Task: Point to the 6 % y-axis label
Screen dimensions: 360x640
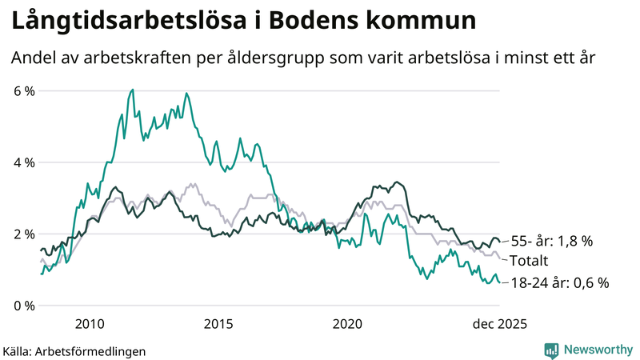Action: pos(25,91)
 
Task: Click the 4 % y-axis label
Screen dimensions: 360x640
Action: pos(25,162)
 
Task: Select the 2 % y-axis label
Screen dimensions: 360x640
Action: pos(25,234)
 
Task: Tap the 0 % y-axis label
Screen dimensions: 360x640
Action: pos(25,306)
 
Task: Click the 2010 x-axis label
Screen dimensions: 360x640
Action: pos(89,324)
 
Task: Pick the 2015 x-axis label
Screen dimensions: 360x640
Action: pos(218,324)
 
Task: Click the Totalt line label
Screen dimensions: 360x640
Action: pos(529,261)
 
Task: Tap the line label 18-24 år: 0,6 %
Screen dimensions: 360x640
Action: pos(559,282)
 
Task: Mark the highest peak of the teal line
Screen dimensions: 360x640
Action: pos(132,90)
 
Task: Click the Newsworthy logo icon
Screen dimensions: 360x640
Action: pos(551,350)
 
